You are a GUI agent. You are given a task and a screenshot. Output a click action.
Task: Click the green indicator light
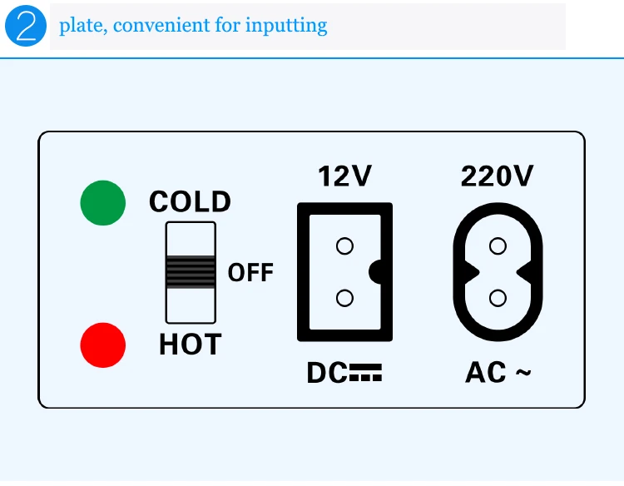[x=103, y=203]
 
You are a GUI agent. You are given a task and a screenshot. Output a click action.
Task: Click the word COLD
[x=190, y=202]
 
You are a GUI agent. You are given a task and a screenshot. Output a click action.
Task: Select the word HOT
[x=190, y=344]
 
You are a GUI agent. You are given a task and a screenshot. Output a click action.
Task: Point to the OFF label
[x=250, y=273]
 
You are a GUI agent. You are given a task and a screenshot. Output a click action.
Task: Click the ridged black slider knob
[x=191, y=271]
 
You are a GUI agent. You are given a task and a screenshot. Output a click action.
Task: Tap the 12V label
[x=344, y=176]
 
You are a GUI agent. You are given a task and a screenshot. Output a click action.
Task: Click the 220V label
[x=497, y=176]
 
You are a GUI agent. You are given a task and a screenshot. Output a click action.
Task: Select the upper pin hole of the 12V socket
[x=344, y=246]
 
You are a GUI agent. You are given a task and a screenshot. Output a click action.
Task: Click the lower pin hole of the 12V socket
[x=344, y=298]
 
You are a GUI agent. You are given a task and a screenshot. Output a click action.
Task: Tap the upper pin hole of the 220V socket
[x=498, y=245]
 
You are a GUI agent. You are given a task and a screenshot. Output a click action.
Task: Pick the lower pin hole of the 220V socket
[x=498, y=298]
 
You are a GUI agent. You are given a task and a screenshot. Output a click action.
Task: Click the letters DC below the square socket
[x=327, y=374]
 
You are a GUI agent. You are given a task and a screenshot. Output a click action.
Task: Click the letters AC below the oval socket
[x=485, y=374]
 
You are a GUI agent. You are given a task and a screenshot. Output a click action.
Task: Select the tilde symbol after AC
[x=522, y=374]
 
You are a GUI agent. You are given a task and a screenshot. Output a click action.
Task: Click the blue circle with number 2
[x=25, y=26]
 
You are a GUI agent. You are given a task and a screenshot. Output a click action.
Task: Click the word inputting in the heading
[x=286, y=26]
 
